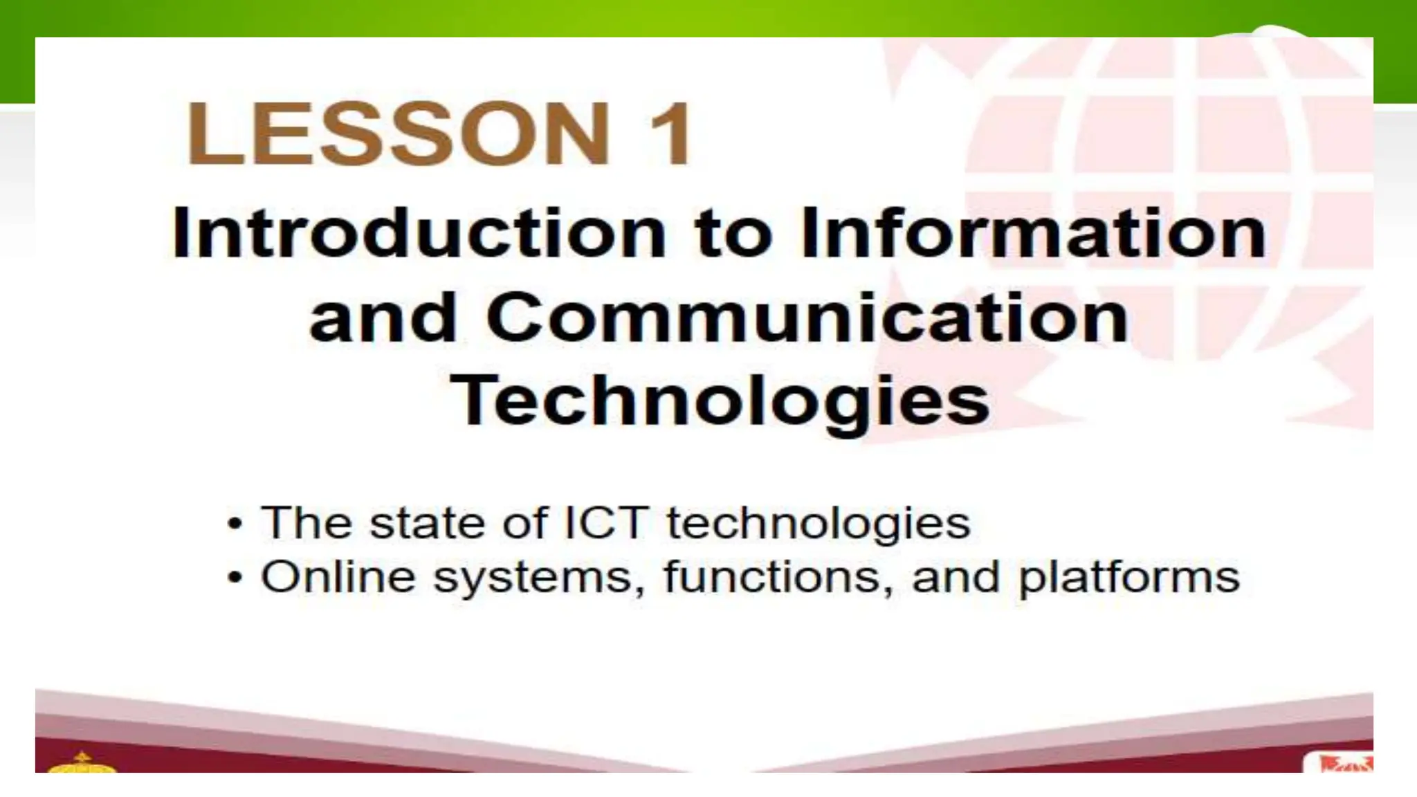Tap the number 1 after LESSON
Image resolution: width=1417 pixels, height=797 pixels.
pos(668,133)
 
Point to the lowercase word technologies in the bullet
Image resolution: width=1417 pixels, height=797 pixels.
pos(818,524)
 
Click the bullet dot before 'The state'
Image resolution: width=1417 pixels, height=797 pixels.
pos(235,524)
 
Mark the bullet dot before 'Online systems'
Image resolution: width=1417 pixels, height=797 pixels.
pos(235,578)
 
